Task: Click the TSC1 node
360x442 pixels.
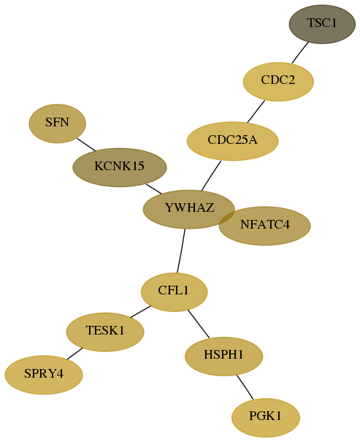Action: coord(322,24)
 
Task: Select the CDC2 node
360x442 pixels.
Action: coord(278,82)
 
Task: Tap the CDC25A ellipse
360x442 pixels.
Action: coord(233,141)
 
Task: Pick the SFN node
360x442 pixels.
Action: coord(58,123)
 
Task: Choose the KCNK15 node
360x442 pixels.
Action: coord(120,167)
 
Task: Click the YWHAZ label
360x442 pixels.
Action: coord(189,207)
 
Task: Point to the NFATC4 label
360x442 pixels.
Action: coord(265,225)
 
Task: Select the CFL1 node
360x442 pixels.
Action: coord(174,292)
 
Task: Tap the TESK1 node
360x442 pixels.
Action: coord(105,332)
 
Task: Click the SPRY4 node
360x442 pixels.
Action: coord(44,375)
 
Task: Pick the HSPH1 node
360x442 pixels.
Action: coord(224,357)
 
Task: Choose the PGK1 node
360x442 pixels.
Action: coord(266,418)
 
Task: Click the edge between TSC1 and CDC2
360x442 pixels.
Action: coord(300,53)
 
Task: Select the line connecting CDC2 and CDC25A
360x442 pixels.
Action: coord(256,111)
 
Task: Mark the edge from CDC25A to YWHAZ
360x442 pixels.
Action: coord(211,175)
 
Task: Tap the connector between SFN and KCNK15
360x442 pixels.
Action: coord(86,145)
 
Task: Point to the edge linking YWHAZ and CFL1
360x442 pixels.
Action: coord(181,251)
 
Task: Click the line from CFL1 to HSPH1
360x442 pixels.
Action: coord(199,324)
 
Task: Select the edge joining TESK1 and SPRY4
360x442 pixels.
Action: coord(75,354)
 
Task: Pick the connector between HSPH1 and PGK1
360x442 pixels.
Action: coord(245,387)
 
